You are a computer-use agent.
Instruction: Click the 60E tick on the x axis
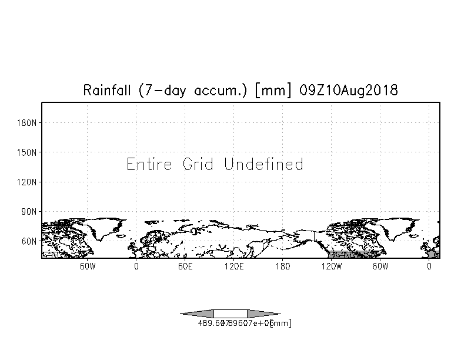point(185,266)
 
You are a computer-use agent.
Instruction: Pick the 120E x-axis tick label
point(233,266)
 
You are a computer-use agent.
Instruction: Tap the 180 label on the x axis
point(282,266)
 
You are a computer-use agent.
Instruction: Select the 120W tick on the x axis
point(331,266)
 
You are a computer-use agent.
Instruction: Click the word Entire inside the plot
point(150,164)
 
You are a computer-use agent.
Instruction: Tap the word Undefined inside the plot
point(263,164)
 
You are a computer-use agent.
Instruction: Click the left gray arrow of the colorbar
point(197,314)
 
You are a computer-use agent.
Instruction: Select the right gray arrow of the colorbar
point(263,314)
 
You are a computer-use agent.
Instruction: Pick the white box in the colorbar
point(230,314)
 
